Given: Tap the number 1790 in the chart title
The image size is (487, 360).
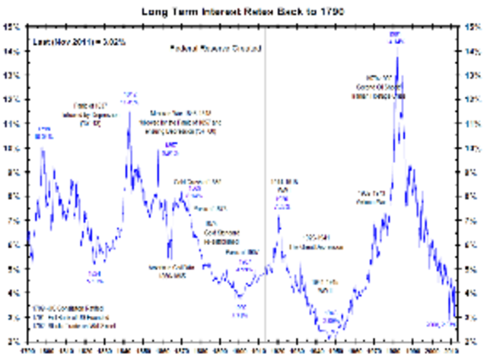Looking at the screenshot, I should coord(332,11).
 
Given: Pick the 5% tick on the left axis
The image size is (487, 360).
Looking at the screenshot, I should coord(12,269).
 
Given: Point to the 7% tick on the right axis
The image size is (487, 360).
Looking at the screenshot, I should coord(473,220).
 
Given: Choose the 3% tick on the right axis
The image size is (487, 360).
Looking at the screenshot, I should coord(473,317).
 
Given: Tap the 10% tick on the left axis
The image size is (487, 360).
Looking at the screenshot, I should coord(12,148).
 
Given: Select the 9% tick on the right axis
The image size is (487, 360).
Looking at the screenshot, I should coord(473,172).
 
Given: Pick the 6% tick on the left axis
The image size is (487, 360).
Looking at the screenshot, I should coord(12,244).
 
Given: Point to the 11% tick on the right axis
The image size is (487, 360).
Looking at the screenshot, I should coord(473,123).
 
